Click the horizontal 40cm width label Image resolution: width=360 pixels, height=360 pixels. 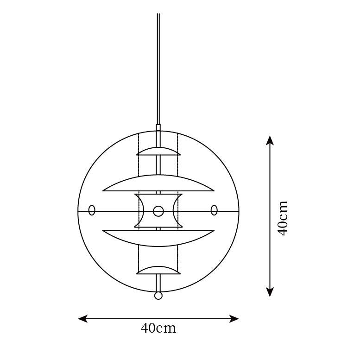coord(158,328)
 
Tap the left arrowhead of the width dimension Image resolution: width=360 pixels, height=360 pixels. coord(82,319)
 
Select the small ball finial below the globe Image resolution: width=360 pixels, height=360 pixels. coord(158,296)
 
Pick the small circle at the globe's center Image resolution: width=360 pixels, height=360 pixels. coord(158,211)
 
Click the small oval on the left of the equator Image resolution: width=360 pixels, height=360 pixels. coord(92,210)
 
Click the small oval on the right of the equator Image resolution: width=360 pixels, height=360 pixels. coord(214,210)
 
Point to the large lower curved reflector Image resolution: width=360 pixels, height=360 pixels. coord(158,238)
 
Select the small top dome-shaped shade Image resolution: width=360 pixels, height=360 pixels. coord(158,152)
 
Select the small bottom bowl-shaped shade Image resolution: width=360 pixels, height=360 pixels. coord(158,270)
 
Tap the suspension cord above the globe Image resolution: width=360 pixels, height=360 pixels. coord(158,69)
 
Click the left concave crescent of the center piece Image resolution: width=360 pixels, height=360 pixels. coord(140,211)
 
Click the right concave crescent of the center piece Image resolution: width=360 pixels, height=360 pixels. coord(177,211)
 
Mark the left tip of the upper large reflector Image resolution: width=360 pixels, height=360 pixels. coord(104,190)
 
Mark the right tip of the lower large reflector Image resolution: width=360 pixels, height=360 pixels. coord(213,231)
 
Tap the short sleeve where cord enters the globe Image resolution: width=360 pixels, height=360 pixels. coord(158,128)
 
